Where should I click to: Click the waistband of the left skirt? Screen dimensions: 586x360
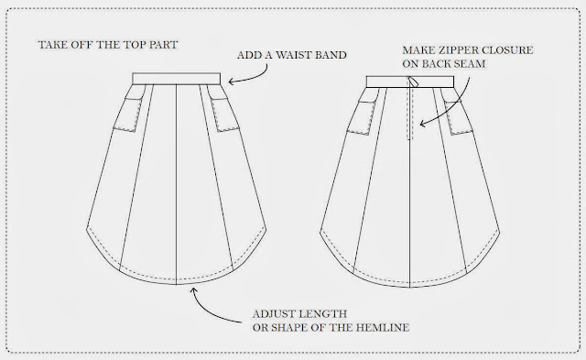pos(177,79)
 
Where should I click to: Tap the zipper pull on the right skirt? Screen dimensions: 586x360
pos(413,82)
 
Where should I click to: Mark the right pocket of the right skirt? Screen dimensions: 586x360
pos(458,117)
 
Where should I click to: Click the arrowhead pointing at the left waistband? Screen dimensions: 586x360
pos(232,82)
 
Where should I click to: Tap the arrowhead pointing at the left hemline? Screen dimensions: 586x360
pos(193,290)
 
